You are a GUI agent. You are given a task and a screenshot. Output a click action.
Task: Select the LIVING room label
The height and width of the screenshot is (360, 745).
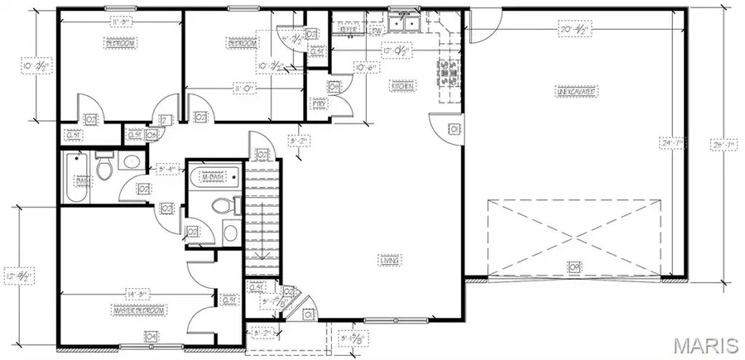click(391, 261)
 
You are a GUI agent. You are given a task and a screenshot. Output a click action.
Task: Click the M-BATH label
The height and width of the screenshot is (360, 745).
click(214, 175)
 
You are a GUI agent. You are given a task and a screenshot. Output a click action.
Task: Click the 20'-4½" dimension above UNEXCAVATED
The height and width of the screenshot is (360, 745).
click(573, 27)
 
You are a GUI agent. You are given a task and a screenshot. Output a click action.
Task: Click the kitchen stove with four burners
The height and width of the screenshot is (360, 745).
click(451, 74)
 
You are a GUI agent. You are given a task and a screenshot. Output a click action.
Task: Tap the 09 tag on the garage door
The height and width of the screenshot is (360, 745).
click(573, 266)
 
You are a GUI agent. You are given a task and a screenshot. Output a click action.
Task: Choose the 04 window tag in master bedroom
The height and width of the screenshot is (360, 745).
click(151, 335)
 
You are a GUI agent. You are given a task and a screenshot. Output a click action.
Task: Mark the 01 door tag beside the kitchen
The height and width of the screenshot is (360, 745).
click(453, 128)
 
